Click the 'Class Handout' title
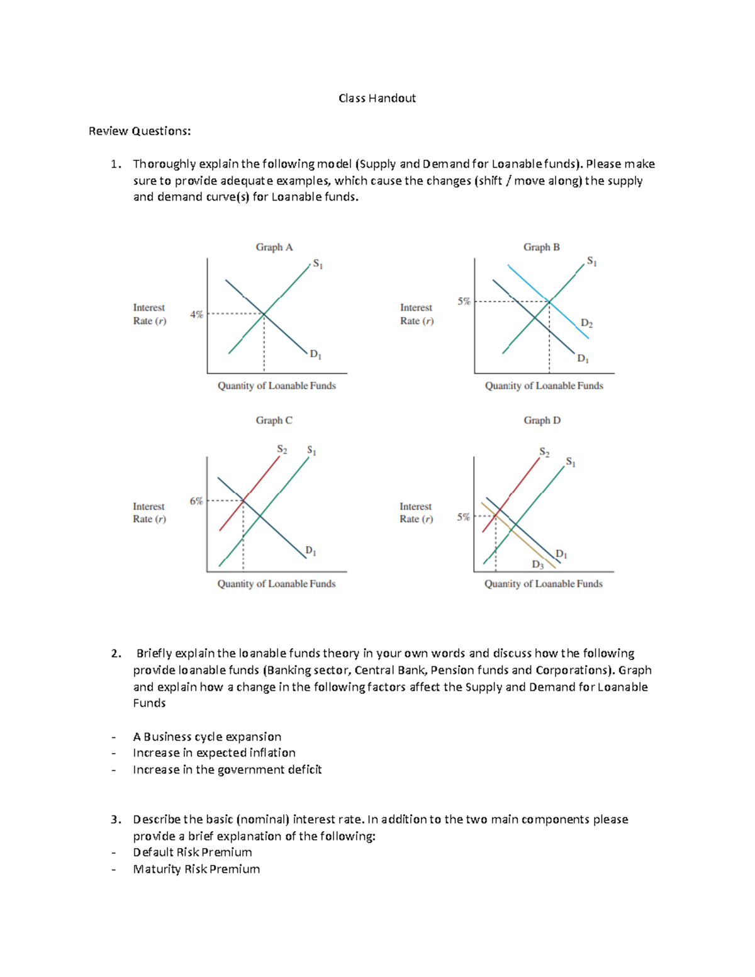(x=377, y=98)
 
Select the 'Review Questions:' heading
(x=140, y=131)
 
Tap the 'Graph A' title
(x=274, y=247)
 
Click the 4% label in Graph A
(x=196, y=314)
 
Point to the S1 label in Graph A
(x=318, y=264)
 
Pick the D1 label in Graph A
(x=315, y=355)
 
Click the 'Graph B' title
(x=541, y=247)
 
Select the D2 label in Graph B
(x=586, y=323)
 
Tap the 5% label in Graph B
(x=464, y=301)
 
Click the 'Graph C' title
(x=274, y=420)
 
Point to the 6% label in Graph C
(x=196, y=501)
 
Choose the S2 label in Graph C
(x=282, y=449)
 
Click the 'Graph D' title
(x=542, y=420)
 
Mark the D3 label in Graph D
(x=538, y=564)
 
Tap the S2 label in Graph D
(x=544, y=452)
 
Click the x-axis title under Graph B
(x=544, y=386)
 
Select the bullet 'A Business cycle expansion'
(x=207, y=737)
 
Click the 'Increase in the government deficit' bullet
(x=227, y=769)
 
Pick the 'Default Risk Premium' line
(x=193, y=852)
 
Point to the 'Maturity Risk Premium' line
(x=196, y=869)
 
